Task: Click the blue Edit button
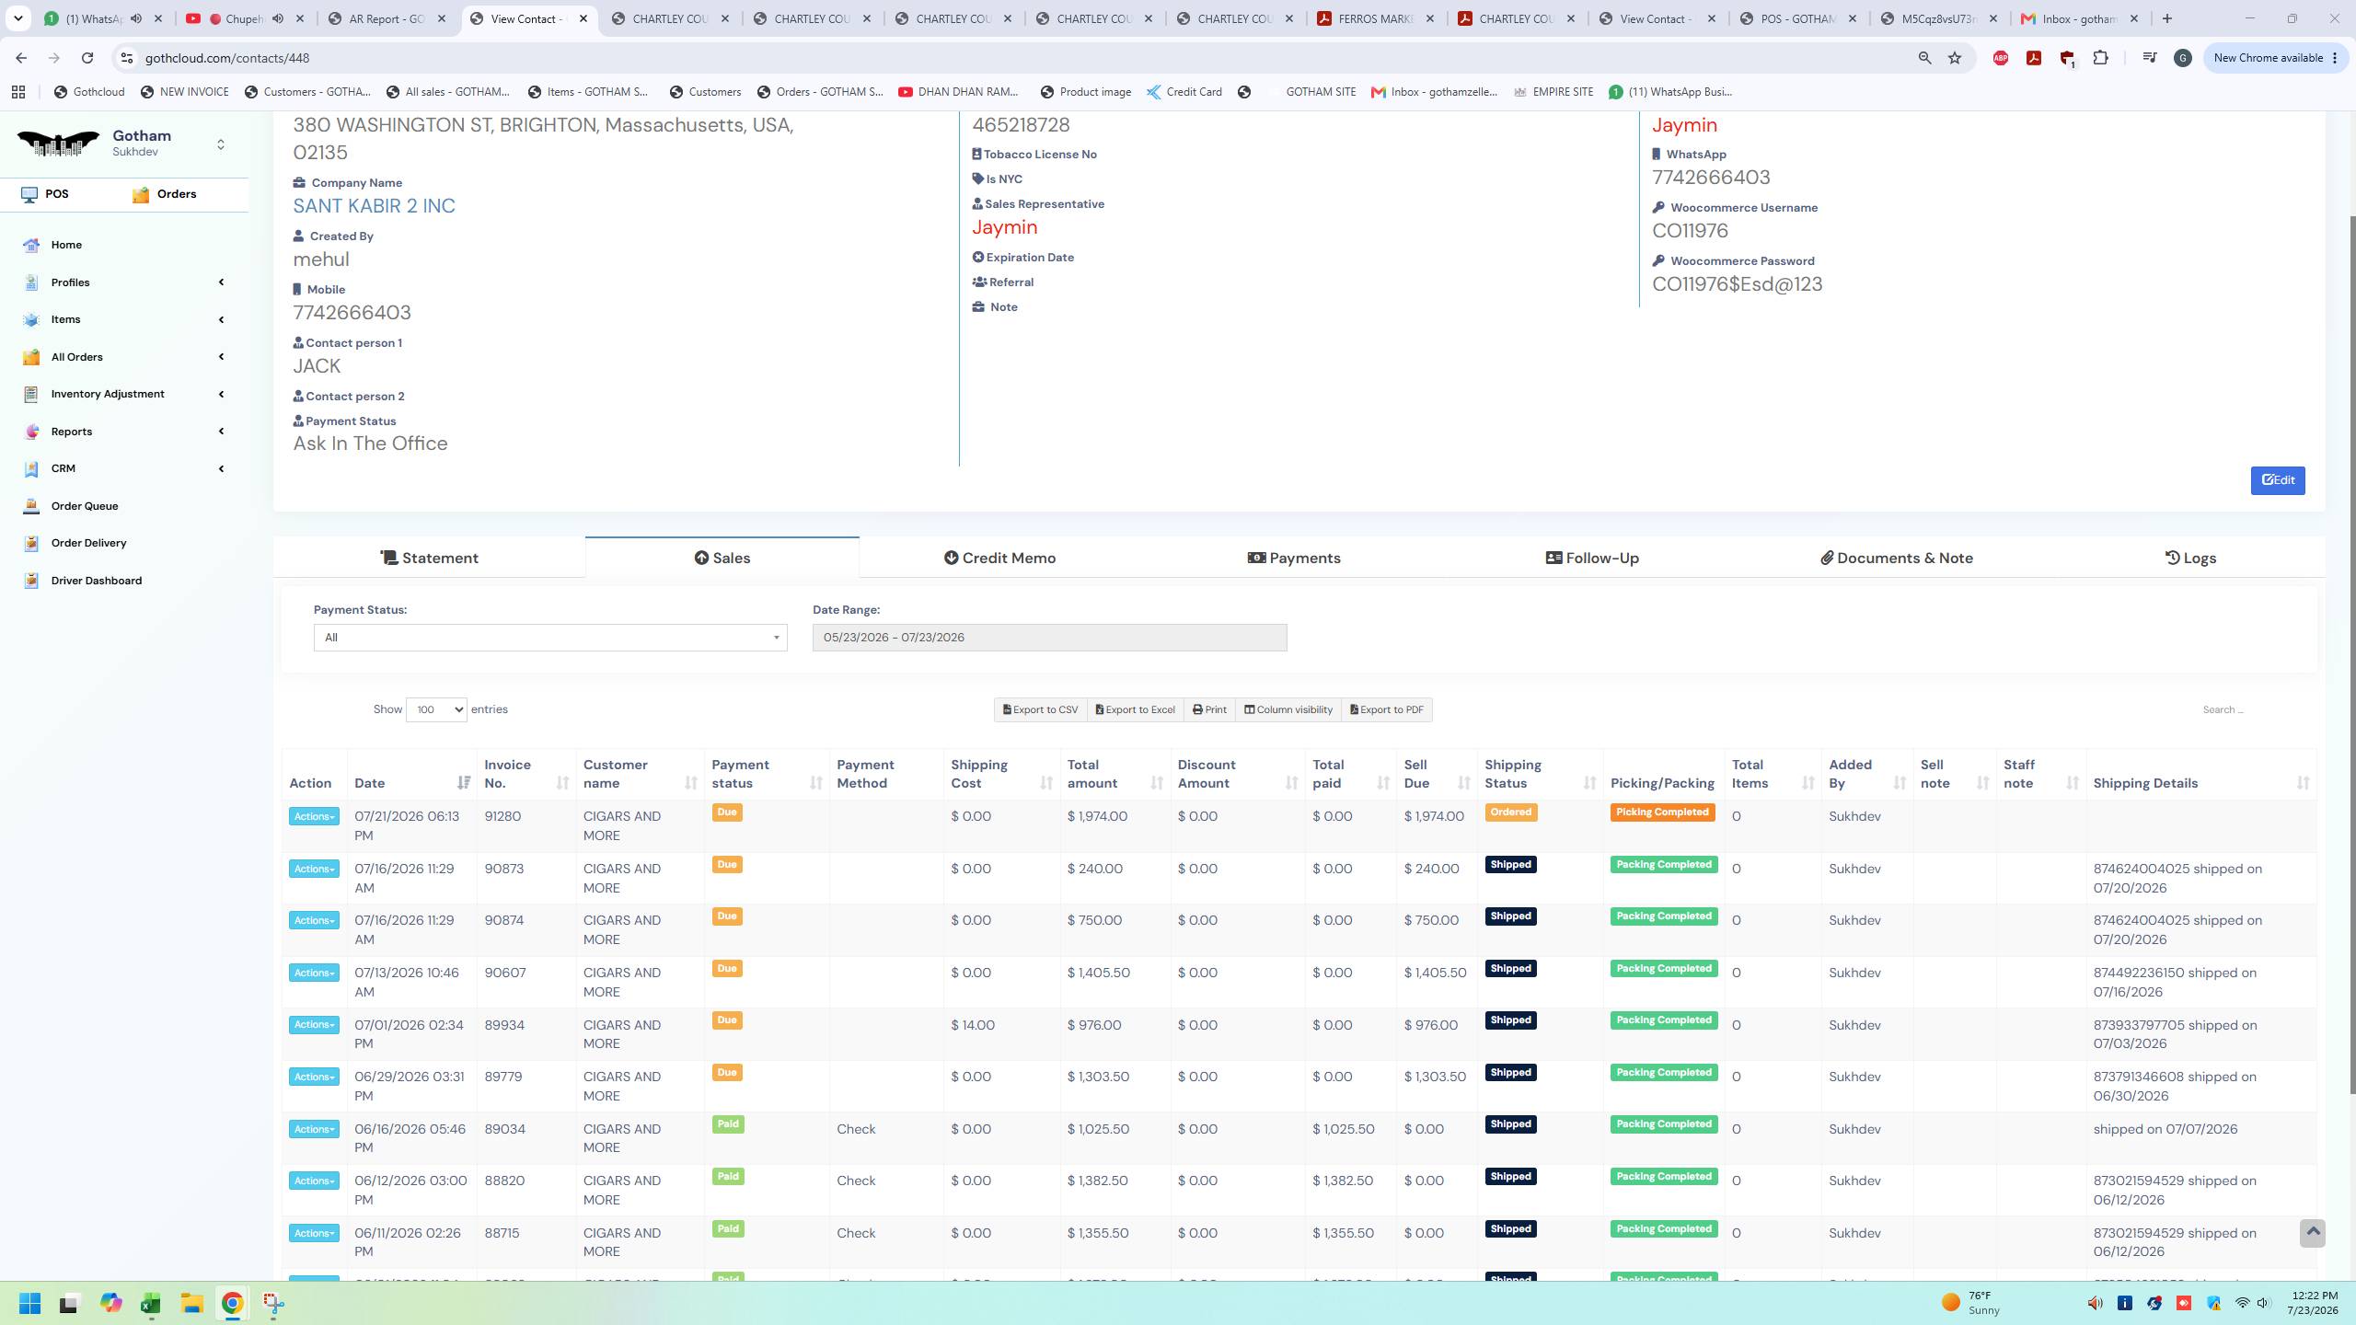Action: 2278,479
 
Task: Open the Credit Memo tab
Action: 999,558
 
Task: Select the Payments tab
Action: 1294,558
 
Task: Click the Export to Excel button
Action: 1135,709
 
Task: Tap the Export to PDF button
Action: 1386,709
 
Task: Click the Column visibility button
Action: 1288,709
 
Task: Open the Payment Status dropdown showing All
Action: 550,638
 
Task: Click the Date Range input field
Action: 1049,638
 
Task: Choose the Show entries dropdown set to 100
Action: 436,709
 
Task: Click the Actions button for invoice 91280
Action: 314,816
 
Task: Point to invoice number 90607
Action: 505,973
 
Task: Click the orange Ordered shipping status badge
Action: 1510,812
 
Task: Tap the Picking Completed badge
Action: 1662,812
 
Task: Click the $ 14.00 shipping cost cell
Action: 973,1025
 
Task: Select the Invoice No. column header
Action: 508,774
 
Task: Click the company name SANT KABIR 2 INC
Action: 374,206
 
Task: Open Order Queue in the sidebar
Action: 85,506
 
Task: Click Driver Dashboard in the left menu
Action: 97,581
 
